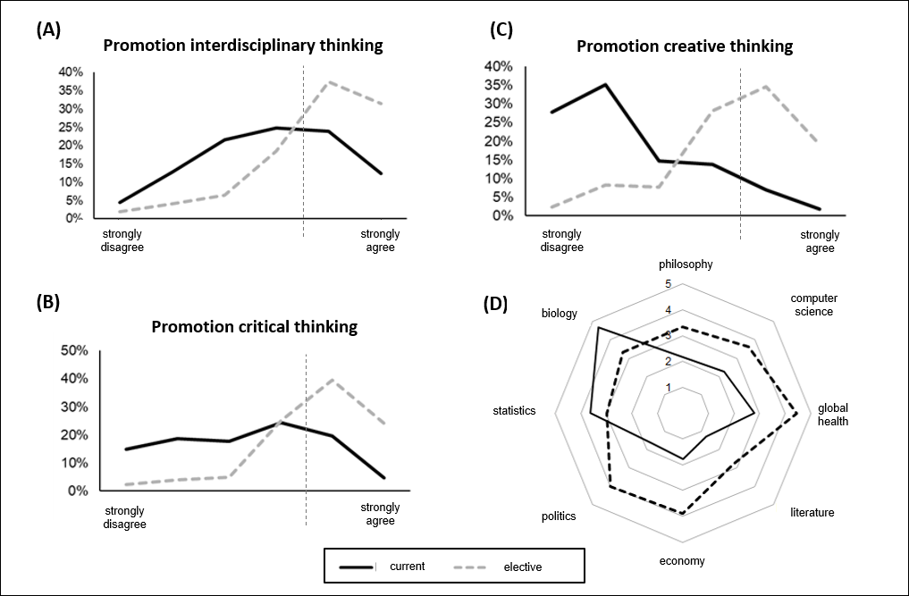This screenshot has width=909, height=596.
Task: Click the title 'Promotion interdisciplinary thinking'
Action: [243, 46]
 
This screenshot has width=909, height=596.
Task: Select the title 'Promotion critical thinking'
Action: [255, 326]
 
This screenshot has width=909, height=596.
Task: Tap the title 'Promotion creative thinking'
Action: [685, 46]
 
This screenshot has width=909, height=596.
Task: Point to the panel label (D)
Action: [495, 303]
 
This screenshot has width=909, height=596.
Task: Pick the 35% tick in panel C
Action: [497, 85]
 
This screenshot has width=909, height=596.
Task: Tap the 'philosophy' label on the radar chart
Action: [686, 264]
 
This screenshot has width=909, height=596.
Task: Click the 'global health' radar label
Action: [833, 415]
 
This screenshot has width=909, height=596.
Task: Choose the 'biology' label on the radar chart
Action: [560, 314]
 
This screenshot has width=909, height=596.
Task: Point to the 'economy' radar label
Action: [682, 561]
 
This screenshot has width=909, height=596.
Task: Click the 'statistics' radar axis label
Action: [514, 411]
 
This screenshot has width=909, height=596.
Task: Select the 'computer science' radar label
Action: [812, 305]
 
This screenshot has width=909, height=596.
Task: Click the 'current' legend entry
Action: [407, 566]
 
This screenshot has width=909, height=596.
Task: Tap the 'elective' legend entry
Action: [522, 567]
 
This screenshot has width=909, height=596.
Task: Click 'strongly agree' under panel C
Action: [820, 241]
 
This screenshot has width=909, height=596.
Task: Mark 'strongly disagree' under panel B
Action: [125, 517]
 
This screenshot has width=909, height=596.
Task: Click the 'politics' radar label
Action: [559, 516]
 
